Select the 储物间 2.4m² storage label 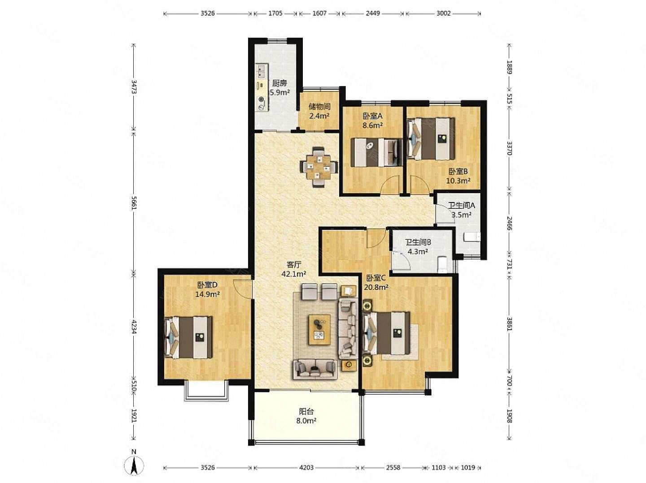[x=319, y=111]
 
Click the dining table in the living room [x=319, y=167]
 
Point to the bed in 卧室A [x=377, y=152]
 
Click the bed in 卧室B [x=431, y=138]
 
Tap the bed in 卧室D [x=188, y=337]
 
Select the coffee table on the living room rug [x=319, y=329]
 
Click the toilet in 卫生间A [x=471, y=237]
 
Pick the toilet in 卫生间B [x=442, y=263]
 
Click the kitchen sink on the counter [x=55, y=71]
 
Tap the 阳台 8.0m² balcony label [x=306, y=416]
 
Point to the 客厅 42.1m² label [x=294, y=269]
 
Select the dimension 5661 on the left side [x=134, y=203]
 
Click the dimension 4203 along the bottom [x=306, y=467]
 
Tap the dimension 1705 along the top [x=275, y=13]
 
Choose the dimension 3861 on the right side [x=510, y=323]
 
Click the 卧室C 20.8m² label [x=376, y=282]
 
